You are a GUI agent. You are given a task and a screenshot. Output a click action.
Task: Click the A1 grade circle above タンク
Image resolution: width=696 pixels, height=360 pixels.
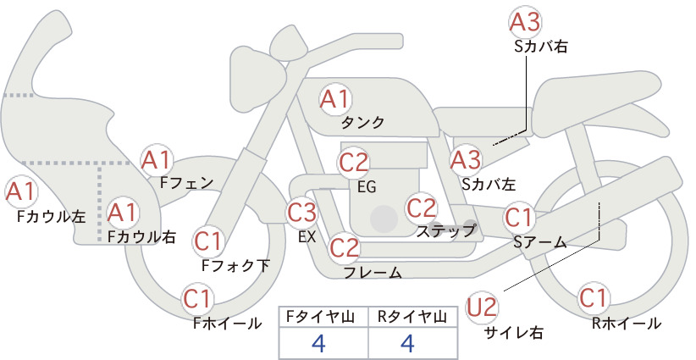[x=335, y=99]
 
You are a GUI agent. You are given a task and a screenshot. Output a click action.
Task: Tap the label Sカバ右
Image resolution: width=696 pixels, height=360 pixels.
[x=541, y=47]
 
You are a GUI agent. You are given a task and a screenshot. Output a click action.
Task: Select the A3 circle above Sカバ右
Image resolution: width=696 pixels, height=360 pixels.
[x=525, y=22]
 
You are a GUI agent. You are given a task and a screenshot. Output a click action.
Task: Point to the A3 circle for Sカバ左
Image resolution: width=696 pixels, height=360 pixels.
[x=466, y=160]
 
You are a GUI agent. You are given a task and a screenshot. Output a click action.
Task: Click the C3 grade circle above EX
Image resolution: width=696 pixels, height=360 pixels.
[x=301, y=212]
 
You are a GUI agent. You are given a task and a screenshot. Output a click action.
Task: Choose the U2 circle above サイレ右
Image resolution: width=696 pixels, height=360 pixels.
[x=482, y=307]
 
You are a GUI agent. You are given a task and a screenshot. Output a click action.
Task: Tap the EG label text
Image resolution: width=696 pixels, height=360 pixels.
[x=367, y=187]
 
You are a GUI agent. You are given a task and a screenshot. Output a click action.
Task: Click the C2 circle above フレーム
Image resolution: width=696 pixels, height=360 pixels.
[x=344, y=247]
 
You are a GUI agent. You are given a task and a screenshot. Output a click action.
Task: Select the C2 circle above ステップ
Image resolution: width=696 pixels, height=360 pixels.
[x=422, y=208]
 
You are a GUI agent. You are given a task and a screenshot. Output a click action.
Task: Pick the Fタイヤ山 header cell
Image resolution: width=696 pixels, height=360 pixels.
[x=323, y=317]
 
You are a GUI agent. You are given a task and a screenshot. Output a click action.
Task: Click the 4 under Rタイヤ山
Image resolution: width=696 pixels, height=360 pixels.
[x=407, y=343]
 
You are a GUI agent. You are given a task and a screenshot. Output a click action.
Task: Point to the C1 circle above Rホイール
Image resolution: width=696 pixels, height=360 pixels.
[x=593, y=298]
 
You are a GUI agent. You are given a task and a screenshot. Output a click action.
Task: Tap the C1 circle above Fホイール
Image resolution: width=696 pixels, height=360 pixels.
[x=197, y=299]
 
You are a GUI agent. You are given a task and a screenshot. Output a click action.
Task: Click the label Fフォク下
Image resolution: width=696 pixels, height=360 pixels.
[x=235, y=265]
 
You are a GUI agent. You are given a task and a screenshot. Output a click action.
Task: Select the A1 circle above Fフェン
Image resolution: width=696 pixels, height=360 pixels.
[x=157, y=160]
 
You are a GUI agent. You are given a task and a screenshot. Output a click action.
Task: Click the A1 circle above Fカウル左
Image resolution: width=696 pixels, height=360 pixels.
[x=21, y=191]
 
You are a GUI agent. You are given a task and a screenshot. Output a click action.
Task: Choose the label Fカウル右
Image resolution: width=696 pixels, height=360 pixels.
[x=141, y=237]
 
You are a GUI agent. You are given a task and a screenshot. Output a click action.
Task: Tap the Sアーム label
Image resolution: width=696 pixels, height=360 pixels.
[x=540, y=242]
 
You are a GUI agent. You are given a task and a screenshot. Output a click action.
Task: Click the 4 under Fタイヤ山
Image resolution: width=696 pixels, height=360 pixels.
[x=319, y=343]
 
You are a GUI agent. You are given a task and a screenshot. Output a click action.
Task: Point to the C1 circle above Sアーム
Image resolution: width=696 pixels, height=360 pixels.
[x=518, y=218]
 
